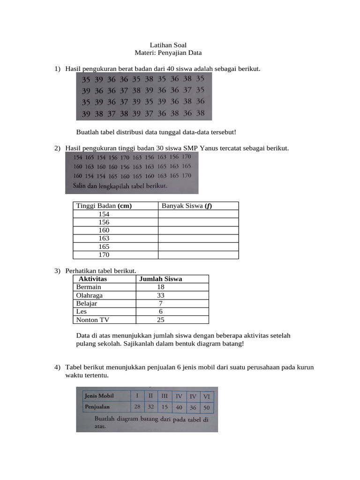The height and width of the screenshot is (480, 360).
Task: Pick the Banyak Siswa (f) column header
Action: (187, 206)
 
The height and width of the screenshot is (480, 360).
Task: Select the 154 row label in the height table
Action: (104, 214)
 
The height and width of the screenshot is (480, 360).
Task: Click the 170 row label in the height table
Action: (104, 255)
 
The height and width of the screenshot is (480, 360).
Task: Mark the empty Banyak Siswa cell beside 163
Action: (198, 239)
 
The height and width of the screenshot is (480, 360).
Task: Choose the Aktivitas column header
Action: (93, 279)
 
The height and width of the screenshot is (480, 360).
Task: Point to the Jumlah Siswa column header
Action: (160, 279)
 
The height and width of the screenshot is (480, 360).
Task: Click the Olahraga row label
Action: (89, 295)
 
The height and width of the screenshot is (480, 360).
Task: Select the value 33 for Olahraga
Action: (161, 295)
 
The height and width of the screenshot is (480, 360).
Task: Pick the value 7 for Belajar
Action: (161, 304)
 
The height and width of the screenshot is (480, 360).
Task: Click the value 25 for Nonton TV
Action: (161, 320)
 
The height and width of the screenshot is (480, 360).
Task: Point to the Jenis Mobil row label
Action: (99, 396)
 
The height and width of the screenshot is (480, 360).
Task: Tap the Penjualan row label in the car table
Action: (97, 407)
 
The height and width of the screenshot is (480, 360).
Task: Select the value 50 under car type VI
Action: (207, 408)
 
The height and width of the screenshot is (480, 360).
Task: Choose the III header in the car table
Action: (165, 396)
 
